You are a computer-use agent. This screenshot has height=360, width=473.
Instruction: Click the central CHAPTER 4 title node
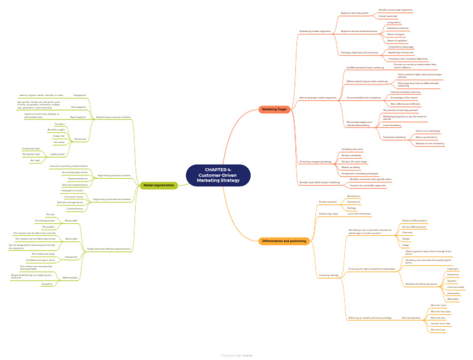[219, 175]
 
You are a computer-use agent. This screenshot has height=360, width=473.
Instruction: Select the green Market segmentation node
[158, 185]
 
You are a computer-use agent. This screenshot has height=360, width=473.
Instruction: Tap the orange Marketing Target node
[274, 109]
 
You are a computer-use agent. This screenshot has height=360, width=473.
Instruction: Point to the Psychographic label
[79, 116]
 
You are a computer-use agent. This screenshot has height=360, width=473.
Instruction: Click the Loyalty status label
[57, 154]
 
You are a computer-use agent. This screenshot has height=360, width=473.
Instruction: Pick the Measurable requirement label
[71, 220]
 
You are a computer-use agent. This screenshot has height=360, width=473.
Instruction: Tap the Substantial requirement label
[71, 257]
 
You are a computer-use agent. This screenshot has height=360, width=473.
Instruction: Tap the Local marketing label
[392, 125]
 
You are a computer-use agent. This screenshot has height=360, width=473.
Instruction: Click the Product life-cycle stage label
[354, 161]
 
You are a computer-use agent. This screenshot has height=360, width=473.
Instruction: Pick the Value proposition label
[411, 318]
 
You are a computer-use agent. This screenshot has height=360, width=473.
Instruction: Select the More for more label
[438, 305]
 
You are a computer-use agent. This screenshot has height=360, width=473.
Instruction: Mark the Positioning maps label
[329, 214]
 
